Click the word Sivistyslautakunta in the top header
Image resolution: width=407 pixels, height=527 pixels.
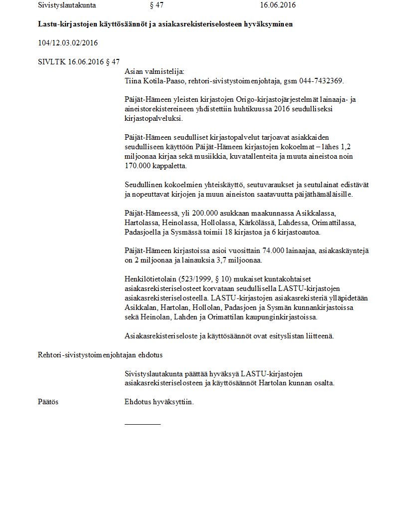coord(67,5)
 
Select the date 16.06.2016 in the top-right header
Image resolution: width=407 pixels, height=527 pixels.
coord(278,5)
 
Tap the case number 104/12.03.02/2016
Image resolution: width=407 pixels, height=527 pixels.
coord(68,43)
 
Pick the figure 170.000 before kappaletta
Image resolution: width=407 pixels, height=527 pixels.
coord(140,166)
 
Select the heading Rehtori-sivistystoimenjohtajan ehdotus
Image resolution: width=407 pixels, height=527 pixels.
coord(100,355)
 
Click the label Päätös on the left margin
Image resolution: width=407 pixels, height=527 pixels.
coord(48,402)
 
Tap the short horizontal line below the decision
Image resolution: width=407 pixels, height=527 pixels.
coord(143,424)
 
